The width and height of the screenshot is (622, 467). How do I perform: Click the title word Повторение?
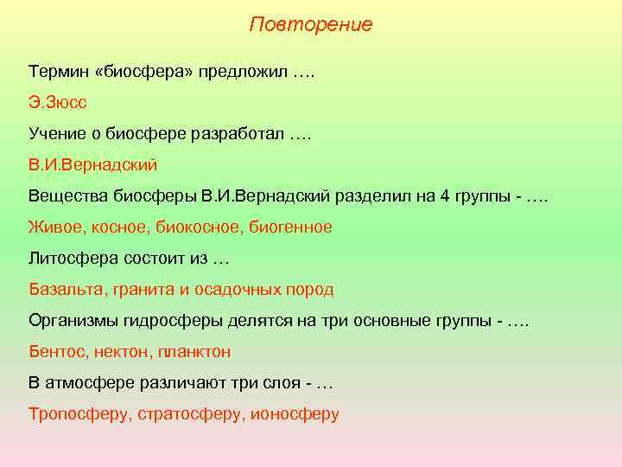tap(311, 24)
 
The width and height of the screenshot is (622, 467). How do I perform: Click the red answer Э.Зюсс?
tap(57, 104)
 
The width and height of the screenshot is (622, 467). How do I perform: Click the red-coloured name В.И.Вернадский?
tap(92, 164)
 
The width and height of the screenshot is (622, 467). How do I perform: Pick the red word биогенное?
tap(290, 227)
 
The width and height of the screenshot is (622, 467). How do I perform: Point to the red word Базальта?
tap(67, 290)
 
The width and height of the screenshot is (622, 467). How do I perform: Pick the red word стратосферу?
tap(191, 413)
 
